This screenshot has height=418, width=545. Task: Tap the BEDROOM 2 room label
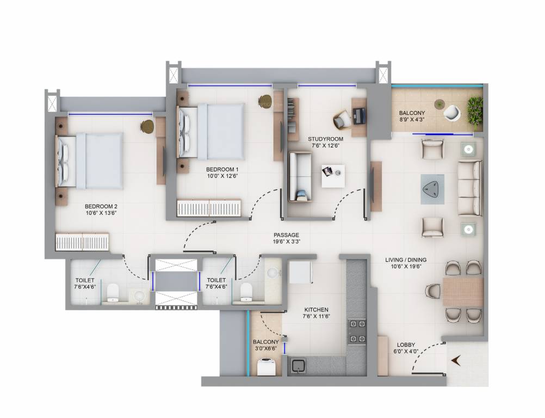coord(101,206)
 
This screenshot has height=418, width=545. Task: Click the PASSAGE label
coord(286,235)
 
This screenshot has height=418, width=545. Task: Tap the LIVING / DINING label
coord(404,260)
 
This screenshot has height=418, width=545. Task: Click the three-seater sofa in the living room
coord(469,188)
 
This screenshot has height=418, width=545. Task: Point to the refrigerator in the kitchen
coord(299,272)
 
